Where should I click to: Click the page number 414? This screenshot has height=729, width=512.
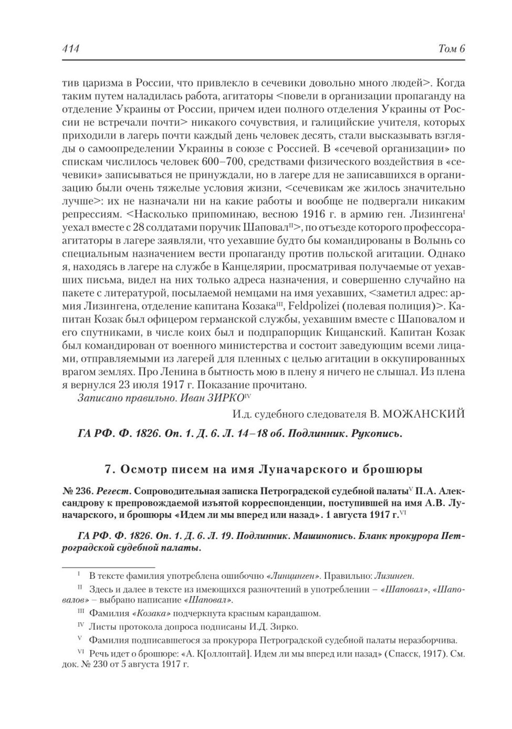[x=70, y=49]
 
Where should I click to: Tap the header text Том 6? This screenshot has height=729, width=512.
[x=452, y=49]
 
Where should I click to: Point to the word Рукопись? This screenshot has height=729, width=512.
[x=377, y=433]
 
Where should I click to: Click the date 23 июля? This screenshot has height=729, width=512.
[x=134, y=384]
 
